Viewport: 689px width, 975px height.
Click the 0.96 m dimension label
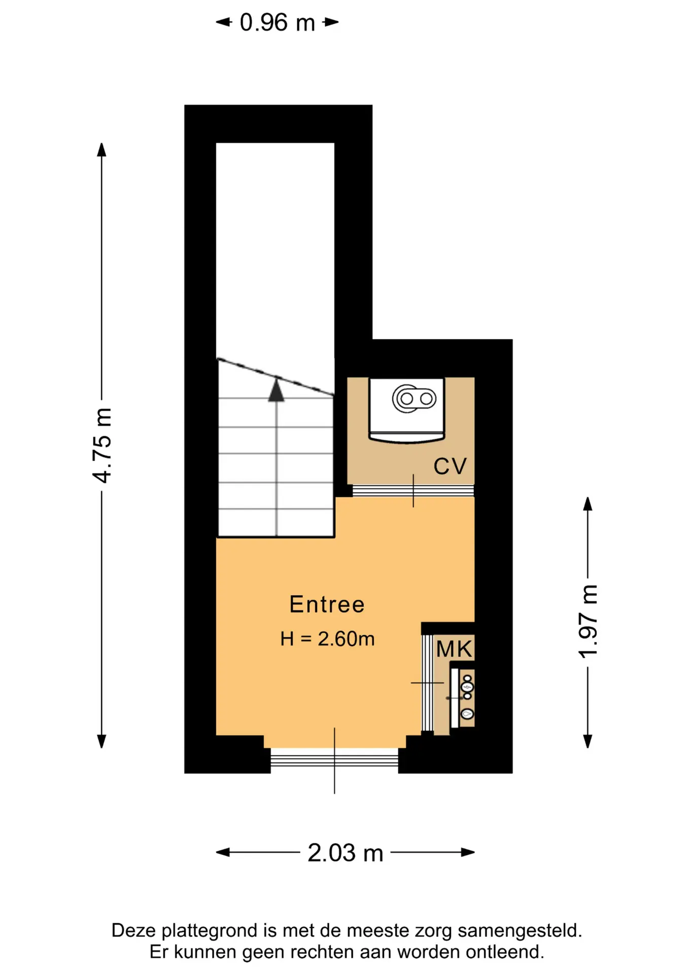(278, 23)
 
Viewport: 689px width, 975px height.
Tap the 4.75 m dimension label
(102, 445)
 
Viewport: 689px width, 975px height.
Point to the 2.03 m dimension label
(345, 853)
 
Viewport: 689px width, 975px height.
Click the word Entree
(327, 604)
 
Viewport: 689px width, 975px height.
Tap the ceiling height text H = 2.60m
(327, 639)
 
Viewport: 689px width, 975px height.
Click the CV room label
(450, 466)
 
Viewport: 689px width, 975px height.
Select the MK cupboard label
(454, 649)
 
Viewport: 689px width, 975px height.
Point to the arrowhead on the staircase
(276, 389)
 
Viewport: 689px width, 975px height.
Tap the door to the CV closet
(413, 491)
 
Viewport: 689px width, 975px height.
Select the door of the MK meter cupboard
(427, 683)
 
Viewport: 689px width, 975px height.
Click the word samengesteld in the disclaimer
(520, 930)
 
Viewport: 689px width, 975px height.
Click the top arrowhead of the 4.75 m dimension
(101, 150)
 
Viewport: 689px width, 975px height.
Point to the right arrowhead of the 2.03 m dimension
(468, 852)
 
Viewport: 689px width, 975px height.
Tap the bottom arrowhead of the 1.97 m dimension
(588, 741)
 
